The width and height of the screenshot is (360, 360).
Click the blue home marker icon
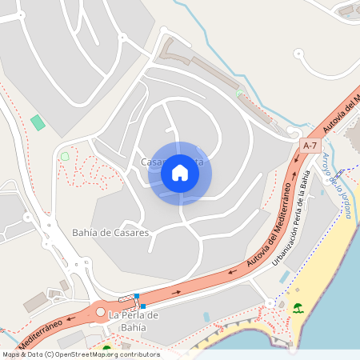(x=180, y=172)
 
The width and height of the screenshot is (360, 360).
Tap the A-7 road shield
(x=310, y=146)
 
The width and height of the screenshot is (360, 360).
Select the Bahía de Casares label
(x=110, y=233)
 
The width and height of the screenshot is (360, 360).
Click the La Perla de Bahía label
(x=134, y=321)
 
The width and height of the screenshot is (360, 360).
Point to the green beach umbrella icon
(x=298, y=308)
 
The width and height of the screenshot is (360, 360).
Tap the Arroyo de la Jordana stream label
(x=334, y=178)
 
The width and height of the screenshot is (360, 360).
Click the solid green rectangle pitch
(x=38, y=122)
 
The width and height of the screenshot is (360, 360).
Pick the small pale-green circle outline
(x=65, y=156)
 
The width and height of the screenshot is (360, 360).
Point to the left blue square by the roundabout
(x=137, y=297)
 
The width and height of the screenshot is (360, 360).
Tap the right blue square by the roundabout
(x=142, y=306)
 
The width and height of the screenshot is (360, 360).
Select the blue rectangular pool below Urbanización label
(x=285, y=276)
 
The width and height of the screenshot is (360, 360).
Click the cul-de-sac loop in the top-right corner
(x=299, y=55)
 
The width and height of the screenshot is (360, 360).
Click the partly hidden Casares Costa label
(x=172, y=162)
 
